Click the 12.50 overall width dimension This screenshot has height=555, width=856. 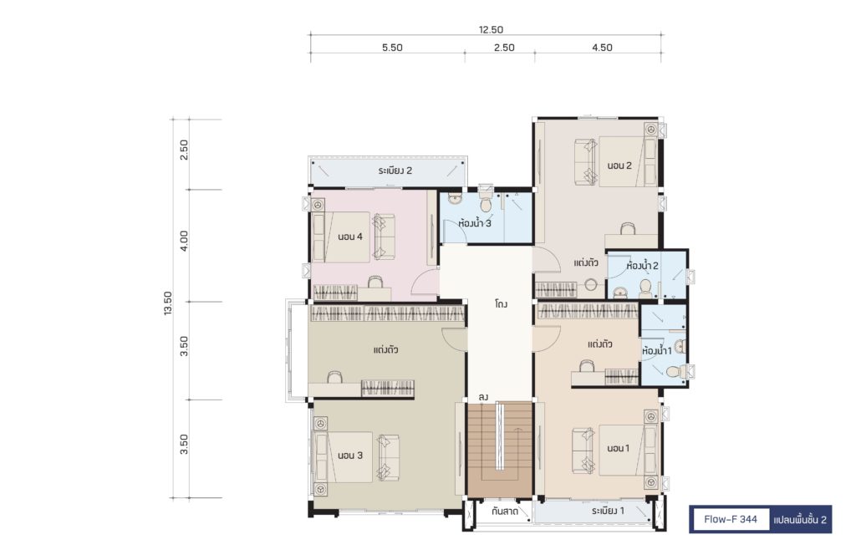click(x=491, y=29)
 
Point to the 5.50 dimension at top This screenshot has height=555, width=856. click(x=392, y=48)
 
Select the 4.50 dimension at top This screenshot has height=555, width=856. click(x=602, y=48)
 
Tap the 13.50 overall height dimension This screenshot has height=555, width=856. click(x=167, y=303)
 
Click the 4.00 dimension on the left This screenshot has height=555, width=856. click(x=184, y=241)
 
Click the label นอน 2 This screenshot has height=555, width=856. click(x=619, y=165)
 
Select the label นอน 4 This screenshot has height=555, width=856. click(x=350, y=237)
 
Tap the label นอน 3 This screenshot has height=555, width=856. click(x=350, y=456)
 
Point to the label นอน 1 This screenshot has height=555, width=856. click(x=619, y=448)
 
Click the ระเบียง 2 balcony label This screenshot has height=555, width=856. click(x=395, y=171)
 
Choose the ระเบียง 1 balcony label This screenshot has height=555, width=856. click(x=609, y=511)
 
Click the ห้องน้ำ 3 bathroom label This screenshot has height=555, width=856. click(x=475, y=222)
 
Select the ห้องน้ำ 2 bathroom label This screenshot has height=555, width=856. click(x=643, y=266)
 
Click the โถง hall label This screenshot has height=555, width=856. click(x=502, y=303)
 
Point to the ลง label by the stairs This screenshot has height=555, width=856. click(x=483, y=397)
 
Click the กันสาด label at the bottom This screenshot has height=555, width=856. click(x=504, y=512)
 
